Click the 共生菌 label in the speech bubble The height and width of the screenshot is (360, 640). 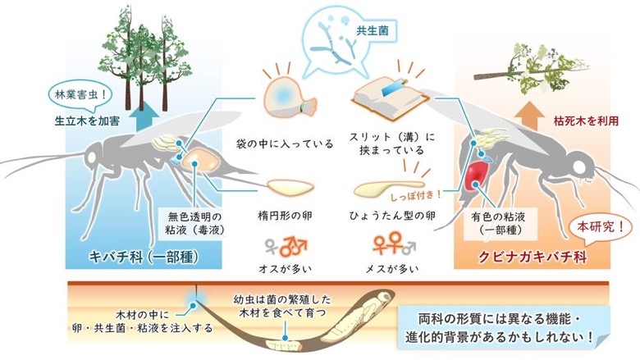pos(373,30)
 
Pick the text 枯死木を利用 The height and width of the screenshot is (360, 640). pos(586,121)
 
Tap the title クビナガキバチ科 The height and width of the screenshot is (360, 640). pos(533,257)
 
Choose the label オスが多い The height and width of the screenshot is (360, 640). pos(286,269)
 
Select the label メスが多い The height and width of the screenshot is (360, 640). pos(392,269)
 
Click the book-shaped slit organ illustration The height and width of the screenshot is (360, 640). pos(391,99)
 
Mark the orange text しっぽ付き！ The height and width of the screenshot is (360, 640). pos(416,195)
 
